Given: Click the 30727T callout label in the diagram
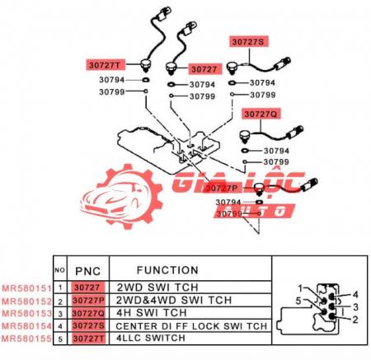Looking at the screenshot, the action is pos(106,65).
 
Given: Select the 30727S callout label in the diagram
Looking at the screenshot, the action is pos(248,42).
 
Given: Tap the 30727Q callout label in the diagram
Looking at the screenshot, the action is pos(261,114).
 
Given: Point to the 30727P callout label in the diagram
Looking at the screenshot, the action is pos(222,188).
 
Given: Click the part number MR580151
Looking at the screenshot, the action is pos(26,288).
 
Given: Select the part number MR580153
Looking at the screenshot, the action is pos(26,313).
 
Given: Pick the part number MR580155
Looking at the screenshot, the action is pos(26,339).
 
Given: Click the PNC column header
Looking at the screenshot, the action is pos(88,271).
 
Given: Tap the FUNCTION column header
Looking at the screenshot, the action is pos(167,270).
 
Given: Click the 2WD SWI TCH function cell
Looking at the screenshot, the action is pos(157,288).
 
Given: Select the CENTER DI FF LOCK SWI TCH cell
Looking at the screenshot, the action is pos(191,326).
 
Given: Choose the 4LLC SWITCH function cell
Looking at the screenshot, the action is pos(151,338).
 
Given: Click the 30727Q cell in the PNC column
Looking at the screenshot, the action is pos(88,313).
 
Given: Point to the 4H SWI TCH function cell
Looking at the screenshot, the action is pos(152,312).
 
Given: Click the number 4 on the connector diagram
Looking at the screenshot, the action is pos(355,295).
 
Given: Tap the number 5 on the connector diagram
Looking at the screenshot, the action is pos(298,301).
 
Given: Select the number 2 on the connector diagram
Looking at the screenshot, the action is pos(355,320).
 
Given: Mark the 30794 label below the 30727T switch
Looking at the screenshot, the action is pos(112,80).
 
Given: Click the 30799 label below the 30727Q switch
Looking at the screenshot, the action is pos(276,162).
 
